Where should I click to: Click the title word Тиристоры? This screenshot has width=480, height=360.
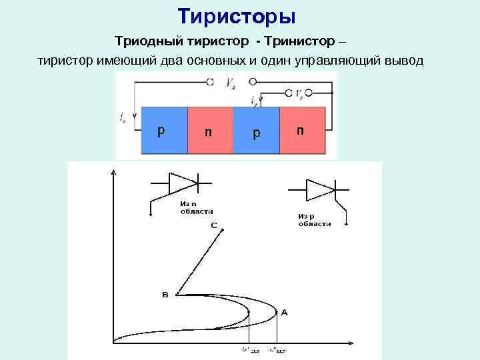(x=237, y=15)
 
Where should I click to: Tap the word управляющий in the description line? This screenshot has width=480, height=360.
(x=353, y=61)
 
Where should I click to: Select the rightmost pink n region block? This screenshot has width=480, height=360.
(x=303, y=131)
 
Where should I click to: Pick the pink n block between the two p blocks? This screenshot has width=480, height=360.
(x=211, y=131)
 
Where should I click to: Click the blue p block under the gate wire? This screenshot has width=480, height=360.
(x=257, y=131)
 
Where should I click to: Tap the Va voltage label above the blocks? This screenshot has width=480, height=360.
(x=230, y=83)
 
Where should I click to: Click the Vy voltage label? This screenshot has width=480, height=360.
(x=301, y=93)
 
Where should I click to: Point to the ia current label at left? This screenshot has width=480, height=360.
(x=123, y=119)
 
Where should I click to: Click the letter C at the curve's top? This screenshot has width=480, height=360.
(x=214, y=225)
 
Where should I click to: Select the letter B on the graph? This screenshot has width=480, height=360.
(x=165, y=293)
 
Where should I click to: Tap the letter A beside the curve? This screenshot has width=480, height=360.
(x=285, y=312)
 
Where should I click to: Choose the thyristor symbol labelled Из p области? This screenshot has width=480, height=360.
(x=319, y=191)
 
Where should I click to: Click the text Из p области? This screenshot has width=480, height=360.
(x=314, y=220)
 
